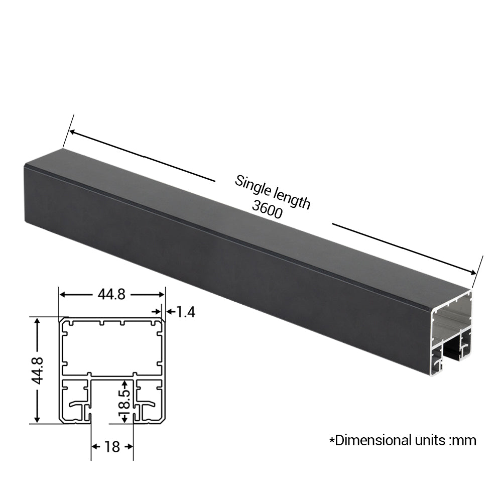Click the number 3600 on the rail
tap(267, 209)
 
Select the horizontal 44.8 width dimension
tap(111, 294)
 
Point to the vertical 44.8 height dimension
tap(38, 370)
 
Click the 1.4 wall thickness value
tap(185, 312)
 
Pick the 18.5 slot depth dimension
tap(124, 402)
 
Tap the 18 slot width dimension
tap(112, 447)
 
